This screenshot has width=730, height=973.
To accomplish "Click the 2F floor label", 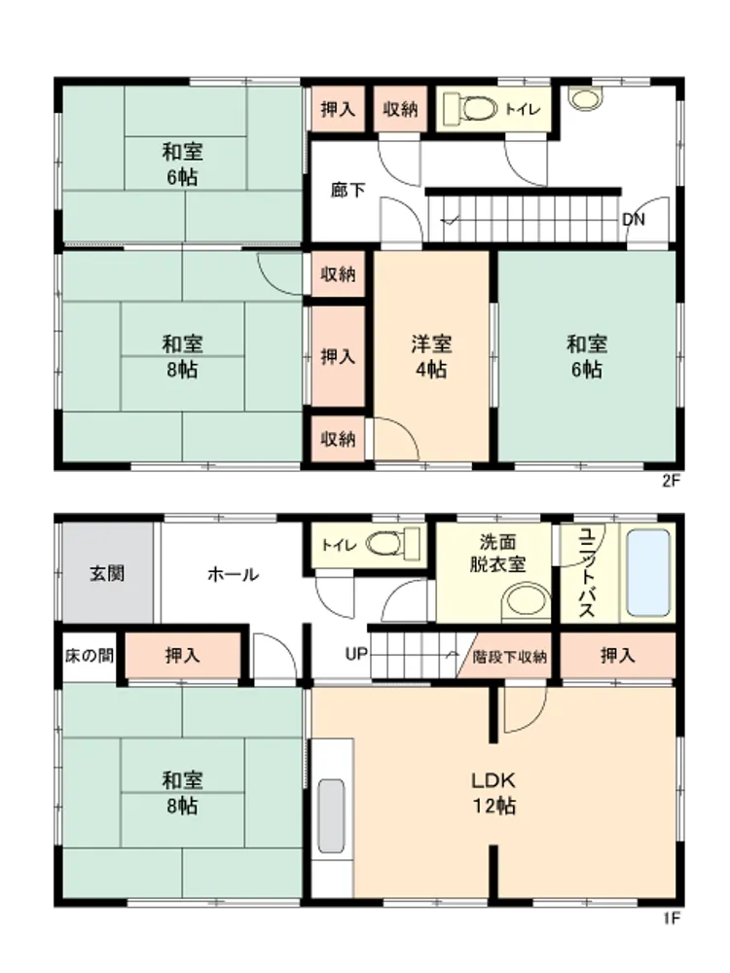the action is pyautogui.click(x=671, y=481).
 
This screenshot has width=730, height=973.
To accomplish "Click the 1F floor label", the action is pyautogui.click(x=671, y=919).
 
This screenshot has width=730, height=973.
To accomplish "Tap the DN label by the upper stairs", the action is pyautogui.click(x=634, y=220).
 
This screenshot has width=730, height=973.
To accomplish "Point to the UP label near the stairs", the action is pyautogui.click(x=356, y=654).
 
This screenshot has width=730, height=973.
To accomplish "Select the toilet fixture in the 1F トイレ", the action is pyautogui.click(x=393, y=544).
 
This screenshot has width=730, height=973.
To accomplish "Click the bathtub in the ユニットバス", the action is pyautogui.click(x=648, y=573).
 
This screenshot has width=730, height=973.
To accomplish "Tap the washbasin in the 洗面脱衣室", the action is pyautogui.click(x=526, y=601).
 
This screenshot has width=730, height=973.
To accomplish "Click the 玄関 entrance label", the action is pyautogui.click(x=107, y=573).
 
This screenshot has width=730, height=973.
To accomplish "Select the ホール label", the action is pyautogui.click(x=233, y=574).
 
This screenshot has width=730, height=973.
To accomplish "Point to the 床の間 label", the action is pyautogui.click(x=90, y=655).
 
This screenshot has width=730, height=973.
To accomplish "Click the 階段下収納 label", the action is pyautogui.click(x=509, y=656).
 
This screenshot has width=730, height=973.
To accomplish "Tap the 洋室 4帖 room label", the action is pyautogui.click(x=431, y=356).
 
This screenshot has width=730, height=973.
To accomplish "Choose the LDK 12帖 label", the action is pyautogui.click(x=494, y=792).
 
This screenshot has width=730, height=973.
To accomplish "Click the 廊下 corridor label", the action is pyautogui.click(x=347, y=190).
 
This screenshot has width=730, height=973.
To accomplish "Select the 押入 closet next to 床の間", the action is pyautogui.click(x=183, y=655).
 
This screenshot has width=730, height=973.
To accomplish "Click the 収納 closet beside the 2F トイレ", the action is pyautogui.click(x=400, y=109).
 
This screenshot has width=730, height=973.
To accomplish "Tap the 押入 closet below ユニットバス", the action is pyautogui.click(x=618, y=655).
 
